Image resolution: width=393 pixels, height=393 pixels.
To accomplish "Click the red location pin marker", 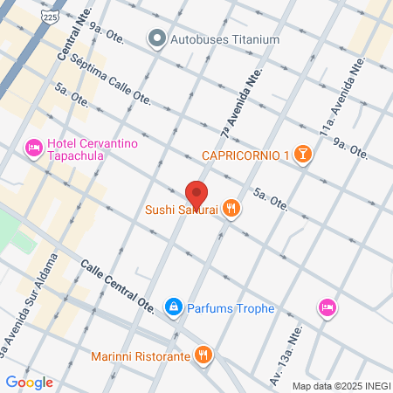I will pos(196,194).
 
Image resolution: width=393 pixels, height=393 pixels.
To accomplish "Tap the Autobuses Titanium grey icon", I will pos(157,38).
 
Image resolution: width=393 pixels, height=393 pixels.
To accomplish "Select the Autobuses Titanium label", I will pos(225,38).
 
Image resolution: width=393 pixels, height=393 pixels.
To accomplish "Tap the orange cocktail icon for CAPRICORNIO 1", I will pos(302,155).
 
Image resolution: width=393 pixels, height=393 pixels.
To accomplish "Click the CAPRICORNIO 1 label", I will pos(245,155).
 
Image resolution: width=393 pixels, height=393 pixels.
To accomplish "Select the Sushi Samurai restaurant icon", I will pos(231,208).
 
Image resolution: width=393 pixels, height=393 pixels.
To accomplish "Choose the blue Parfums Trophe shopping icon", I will pos(173,307).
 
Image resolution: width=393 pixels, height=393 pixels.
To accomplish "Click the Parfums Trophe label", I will pos(231,308).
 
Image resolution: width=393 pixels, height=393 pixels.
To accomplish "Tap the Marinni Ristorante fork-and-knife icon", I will pos(203,354).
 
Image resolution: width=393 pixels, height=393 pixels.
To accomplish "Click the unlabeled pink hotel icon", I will pos(327,307).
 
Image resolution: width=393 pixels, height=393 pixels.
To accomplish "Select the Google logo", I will pos(30,382).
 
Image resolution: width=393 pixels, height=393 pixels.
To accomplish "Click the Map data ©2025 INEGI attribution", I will pos(341,386).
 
